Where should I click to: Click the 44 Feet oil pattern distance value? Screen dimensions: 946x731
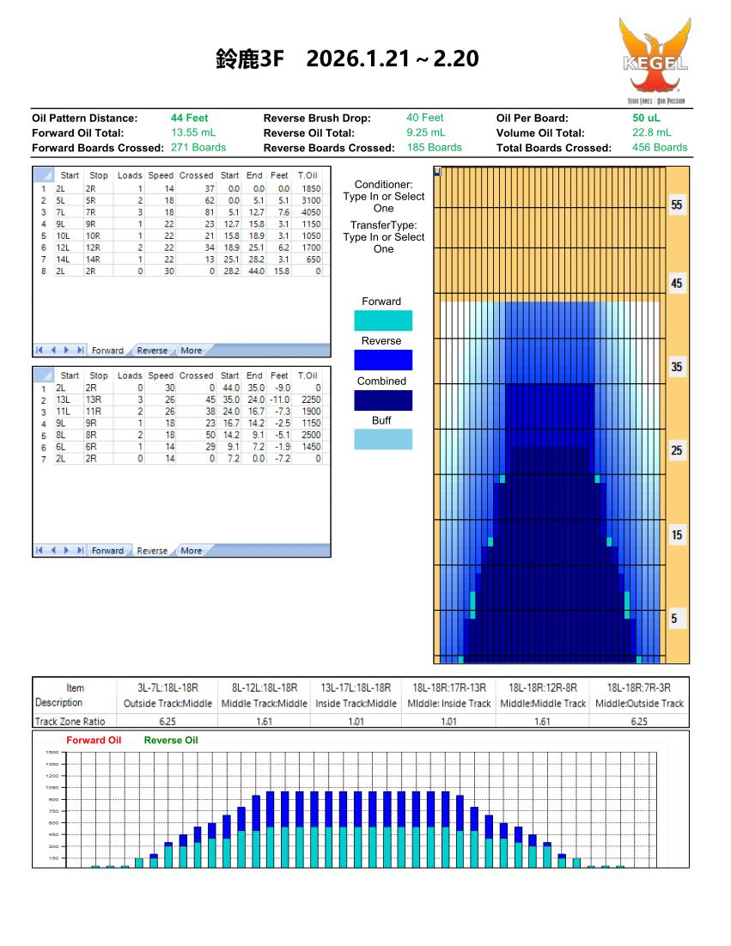point(190,118)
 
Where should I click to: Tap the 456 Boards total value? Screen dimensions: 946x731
point(660,147)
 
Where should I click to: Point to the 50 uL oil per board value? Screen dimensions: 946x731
point(646,118)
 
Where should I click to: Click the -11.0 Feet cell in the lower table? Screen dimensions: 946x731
point(280,400)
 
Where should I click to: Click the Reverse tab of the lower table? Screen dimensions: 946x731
point(152,551)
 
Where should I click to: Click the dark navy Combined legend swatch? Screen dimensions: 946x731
point(383,400)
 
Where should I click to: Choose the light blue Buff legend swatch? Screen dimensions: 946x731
point(383,439)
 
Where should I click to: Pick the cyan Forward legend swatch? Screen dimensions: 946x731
point(383,320)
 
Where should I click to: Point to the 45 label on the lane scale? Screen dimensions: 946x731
point(677,284)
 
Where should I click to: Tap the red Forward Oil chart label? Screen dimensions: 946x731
point(94,740)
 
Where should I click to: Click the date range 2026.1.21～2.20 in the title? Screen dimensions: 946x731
point(392,59)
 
